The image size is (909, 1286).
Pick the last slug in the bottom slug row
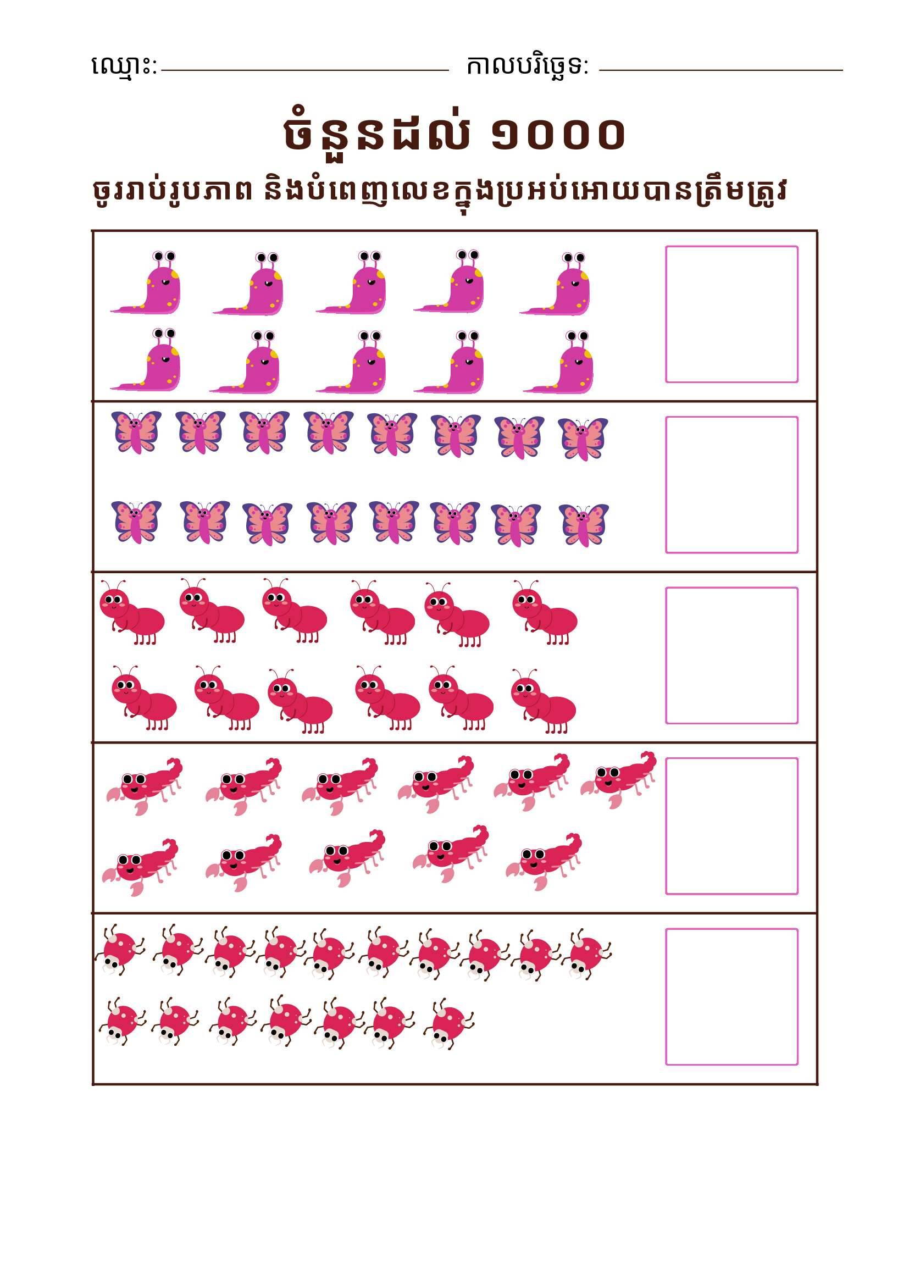[558, 362]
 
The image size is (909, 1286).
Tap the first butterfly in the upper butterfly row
[136, 432]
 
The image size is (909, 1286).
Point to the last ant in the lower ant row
[544, 700]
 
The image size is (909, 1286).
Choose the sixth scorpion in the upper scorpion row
[618, 780]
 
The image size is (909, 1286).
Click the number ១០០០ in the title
[558, 134]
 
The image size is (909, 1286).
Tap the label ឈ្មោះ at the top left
[124, 66]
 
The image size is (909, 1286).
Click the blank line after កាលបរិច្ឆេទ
[721, 70]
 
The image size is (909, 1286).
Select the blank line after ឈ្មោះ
[304, 70]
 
